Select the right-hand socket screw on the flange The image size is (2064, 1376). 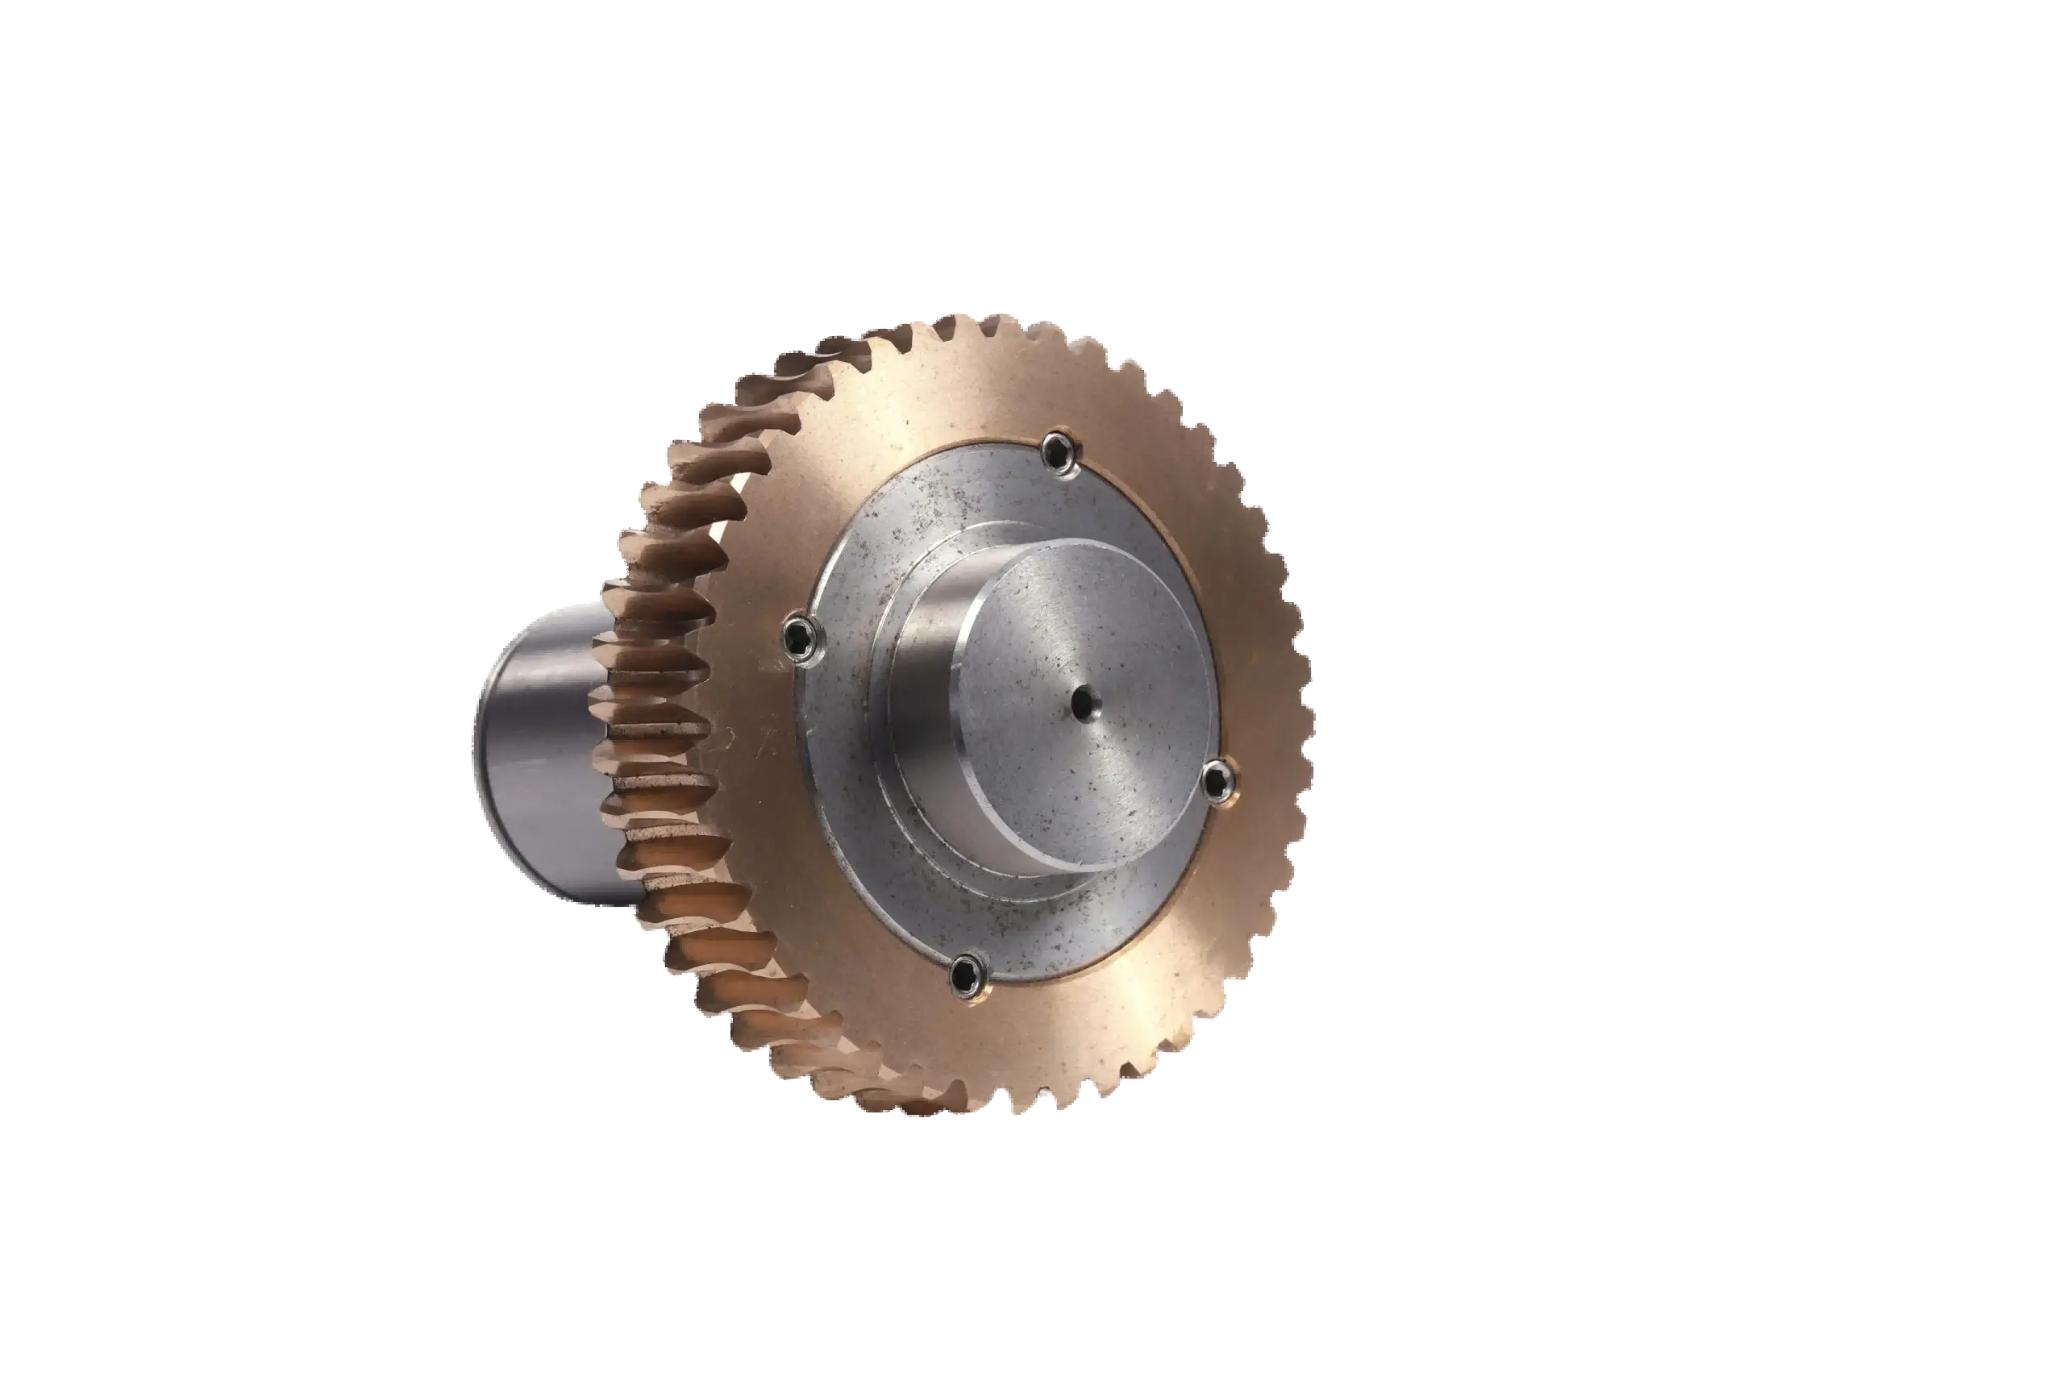[x=1217, y=778]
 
